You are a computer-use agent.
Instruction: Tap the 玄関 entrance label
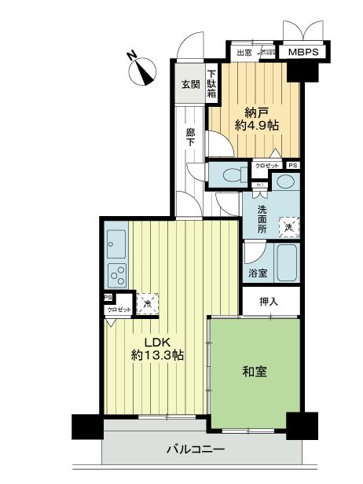(x=190, y=84)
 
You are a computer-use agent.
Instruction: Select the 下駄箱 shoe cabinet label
(x=211, y=82)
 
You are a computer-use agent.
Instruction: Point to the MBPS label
(x=302, y=53)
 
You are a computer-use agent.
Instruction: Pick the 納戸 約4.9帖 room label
(x=255, y=118)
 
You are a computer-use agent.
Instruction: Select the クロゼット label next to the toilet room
(x=266, y=166)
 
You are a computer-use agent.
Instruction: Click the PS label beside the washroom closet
(x=292, y=166)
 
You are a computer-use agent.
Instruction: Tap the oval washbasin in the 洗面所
(x=286, y=183)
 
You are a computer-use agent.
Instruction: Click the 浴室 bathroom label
(x=258, y=273)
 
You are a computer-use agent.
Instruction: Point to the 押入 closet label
(x=269, y=302)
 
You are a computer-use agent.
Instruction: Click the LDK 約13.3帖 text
(x=157, y=348)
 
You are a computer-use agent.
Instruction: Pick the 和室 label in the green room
(x=255, y=370)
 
